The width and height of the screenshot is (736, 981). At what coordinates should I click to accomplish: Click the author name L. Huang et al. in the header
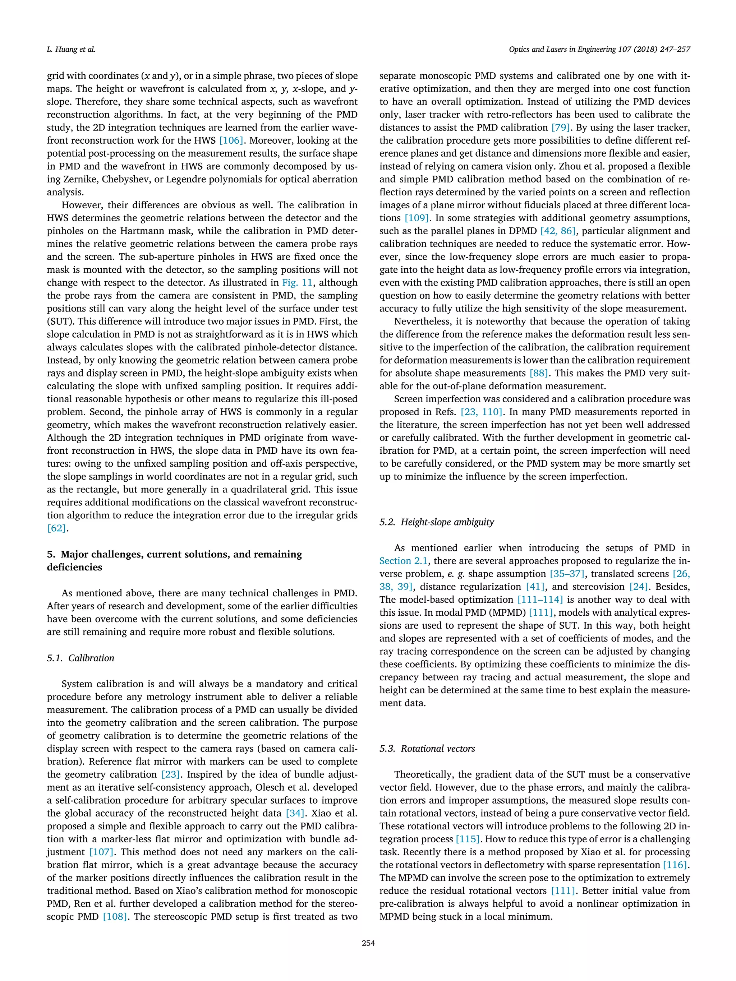click(x=71, y=49)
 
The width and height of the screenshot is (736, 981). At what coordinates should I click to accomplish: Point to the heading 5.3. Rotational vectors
click(x=427, y=749)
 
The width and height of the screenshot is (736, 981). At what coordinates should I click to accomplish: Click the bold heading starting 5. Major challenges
click(x=174, y=561)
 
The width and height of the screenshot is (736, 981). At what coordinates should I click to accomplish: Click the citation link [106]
click(x=231, y=140)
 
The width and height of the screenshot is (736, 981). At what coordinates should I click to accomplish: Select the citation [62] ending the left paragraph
click(x=57, y=528)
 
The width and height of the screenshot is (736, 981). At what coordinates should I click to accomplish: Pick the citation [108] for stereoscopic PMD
click(x=115, y=917)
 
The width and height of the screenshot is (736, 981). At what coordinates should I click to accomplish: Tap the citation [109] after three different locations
click(x=417, y=218)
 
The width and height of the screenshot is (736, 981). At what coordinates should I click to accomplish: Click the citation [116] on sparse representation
click(x=676, y=865)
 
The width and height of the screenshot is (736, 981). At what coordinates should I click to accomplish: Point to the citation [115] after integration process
click(x=468, y=839)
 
